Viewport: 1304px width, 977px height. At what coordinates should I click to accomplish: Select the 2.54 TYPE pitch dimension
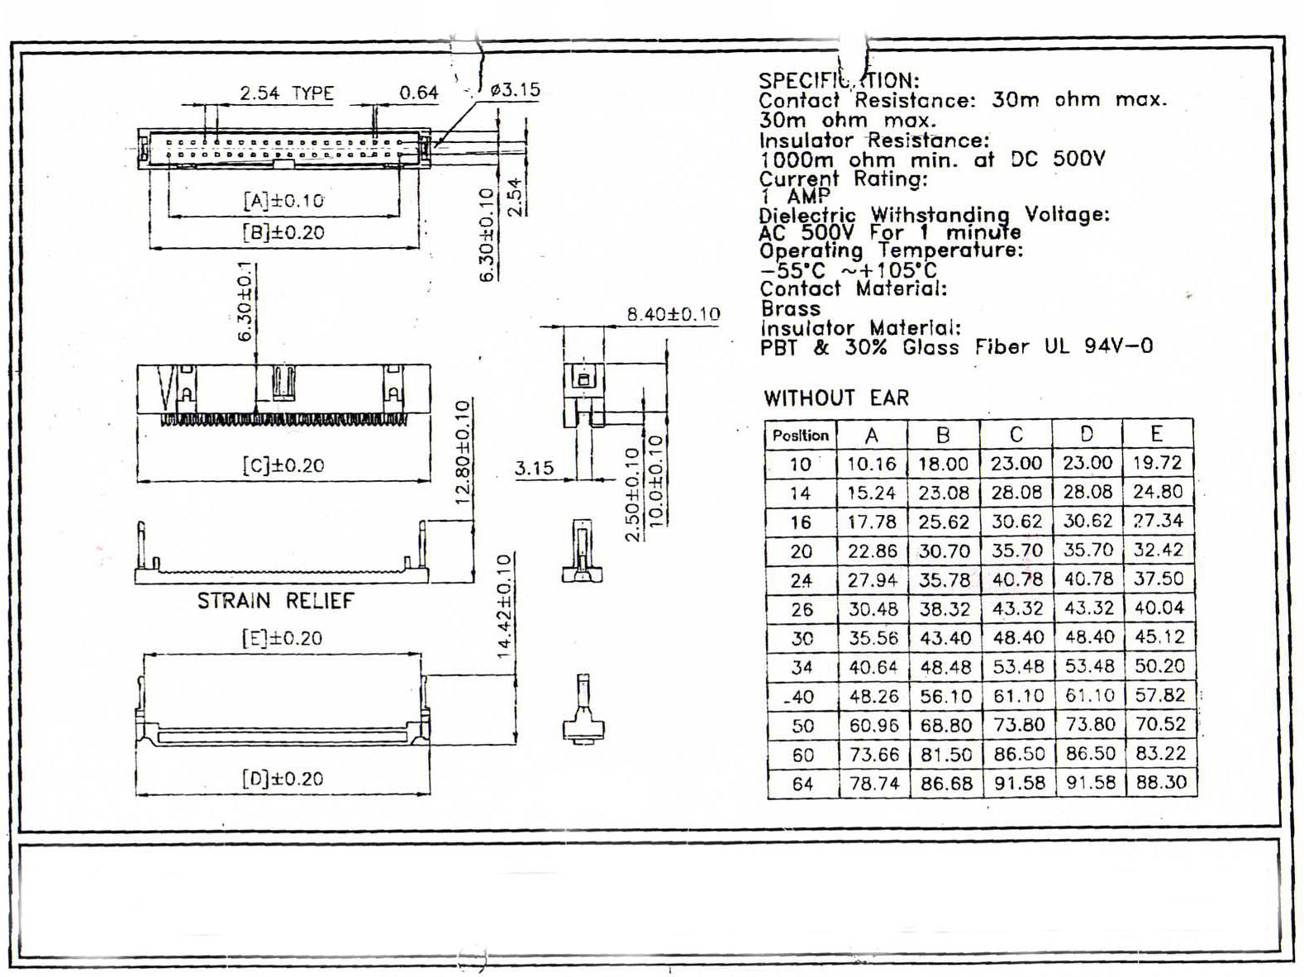(x=287, y=93)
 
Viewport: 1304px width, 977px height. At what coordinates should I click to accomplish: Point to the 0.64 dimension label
(x=418, y=93)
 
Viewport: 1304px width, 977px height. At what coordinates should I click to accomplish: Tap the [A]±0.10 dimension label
(x=283, y=200)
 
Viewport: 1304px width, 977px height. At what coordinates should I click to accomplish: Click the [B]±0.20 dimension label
(x=283, y=232)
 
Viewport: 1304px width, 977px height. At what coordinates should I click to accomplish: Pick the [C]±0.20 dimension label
(x=283, y=465)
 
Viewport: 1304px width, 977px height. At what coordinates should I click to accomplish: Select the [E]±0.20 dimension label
(x=282, y=638)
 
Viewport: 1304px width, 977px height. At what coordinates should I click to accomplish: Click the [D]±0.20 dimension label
(x=283, y=779)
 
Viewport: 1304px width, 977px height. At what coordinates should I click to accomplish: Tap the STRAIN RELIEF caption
(x=275, y=601)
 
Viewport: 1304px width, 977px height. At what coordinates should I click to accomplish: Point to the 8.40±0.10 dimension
(x=673, y=314)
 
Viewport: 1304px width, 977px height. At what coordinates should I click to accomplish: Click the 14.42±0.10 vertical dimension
(x=505, y=606)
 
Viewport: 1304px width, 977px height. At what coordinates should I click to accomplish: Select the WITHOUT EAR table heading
(x=835, y=398)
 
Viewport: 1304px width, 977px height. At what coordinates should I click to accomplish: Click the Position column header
(x=800, y=436)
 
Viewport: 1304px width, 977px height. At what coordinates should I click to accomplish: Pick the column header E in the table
(x=1157, y=434)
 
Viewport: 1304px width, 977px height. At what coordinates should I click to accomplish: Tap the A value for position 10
(x=872, y=464)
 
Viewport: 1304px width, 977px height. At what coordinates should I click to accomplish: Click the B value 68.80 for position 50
(x=945, y=726)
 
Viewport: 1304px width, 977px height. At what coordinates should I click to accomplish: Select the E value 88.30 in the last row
(x=1160, y=782)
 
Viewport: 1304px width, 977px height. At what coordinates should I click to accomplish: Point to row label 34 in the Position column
(x=802, y=668)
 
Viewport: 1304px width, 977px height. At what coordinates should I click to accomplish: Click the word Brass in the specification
(x=790, y=308)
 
